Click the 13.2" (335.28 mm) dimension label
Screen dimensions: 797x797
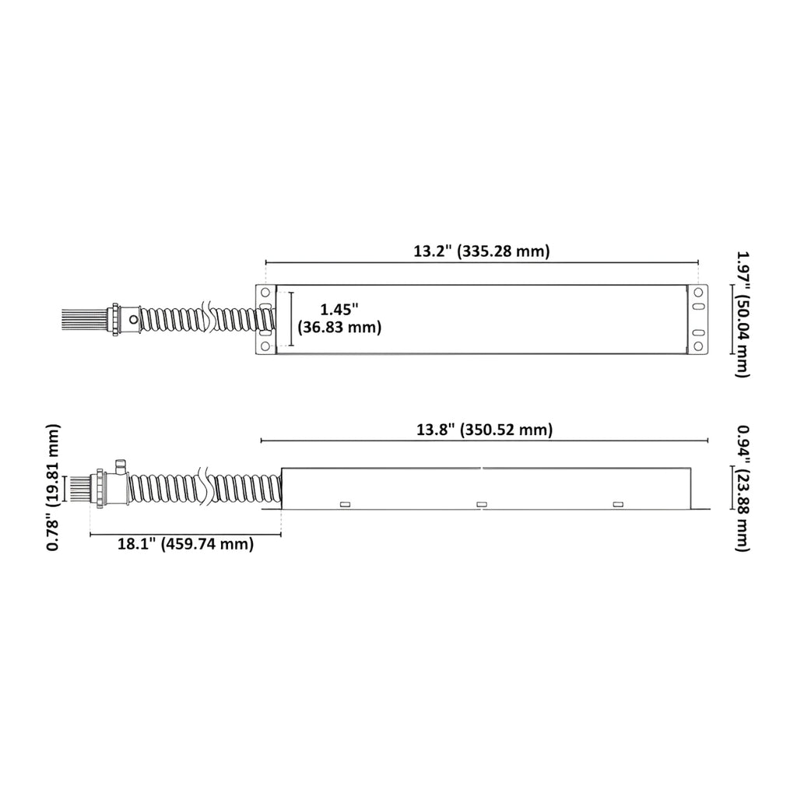[x=481, y=251]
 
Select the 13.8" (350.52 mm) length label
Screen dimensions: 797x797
[x=484, y=430]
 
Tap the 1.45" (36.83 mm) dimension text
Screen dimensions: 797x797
[x=339, y=318]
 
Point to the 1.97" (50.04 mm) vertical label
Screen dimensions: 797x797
[x=743, y=314]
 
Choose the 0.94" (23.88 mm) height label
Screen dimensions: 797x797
[x=743, y=487]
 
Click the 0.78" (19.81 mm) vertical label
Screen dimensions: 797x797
[x=53, y=487]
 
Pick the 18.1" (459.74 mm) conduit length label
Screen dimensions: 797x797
[x=185, y=544]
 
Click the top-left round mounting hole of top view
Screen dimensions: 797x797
[x=265, y=293]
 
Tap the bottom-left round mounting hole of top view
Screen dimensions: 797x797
[x=265, y=346]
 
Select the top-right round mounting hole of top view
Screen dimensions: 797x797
[x=698, y=293]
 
